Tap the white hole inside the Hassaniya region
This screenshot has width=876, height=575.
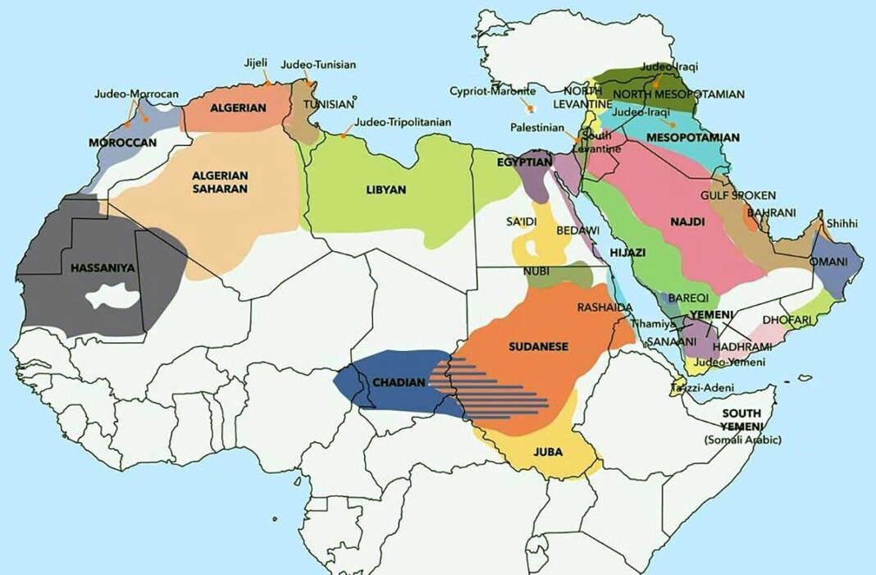pos(113,296)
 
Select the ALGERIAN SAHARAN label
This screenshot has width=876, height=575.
pos(220,181)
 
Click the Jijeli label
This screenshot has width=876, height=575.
pos(256,63)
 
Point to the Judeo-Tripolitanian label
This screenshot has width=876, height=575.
pos(403,122)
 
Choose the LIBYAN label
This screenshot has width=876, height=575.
pos(386,189)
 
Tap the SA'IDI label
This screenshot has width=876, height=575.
pos(522,222)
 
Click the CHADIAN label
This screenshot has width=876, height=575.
pos(399,382)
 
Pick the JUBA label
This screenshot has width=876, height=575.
pos(547,451)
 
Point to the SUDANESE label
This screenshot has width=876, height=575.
pos(538,346)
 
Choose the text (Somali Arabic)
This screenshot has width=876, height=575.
pos(742,440)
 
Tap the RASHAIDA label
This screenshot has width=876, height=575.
pos(605,307)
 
